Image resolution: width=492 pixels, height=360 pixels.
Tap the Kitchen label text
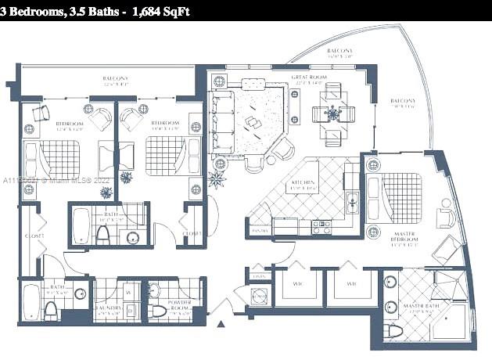click(x=303, y=185)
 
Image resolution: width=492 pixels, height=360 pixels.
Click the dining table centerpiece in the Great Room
click(x=333, y=114)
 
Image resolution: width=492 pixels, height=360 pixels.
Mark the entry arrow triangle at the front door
click(x=221, y=322)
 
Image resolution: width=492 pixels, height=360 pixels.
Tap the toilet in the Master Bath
click(x=393, y=330)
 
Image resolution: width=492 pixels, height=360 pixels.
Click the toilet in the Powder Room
click(x=159, y=311)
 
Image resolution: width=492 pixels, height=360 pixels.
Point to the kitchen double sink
click(x=353, y=203)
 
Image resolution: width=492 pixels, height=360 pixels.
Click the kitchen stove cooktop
click(x=321, y=226)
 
